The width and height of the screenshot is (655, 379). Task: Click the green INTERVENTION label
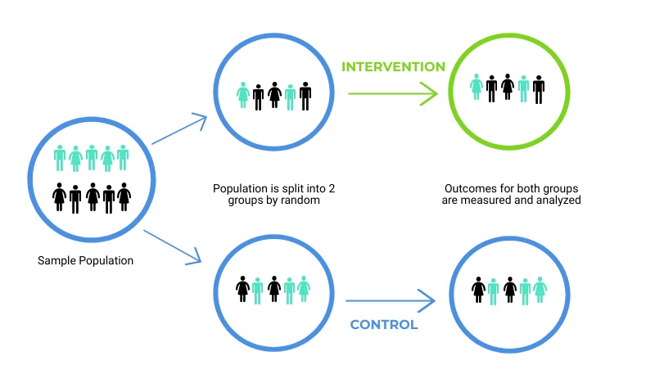point(393,67)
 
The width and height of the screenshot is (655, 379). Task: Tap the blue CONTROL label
point(384,325)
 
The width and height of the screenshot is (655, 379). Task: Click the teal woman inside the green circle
point(477,87)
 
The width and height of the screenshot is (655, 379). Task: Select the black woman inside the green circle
point(508,87)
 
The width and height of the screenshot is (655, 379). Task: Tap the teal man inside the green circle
point(523,88)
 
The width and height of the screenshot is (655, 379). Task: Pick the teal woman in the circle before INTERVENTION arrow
point(242,95)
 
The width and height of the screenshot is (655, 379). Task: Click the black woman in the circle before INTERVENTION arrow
point(274,95)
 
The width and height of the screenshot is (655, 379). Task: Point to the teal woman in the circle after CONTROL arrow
point(540,289)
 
